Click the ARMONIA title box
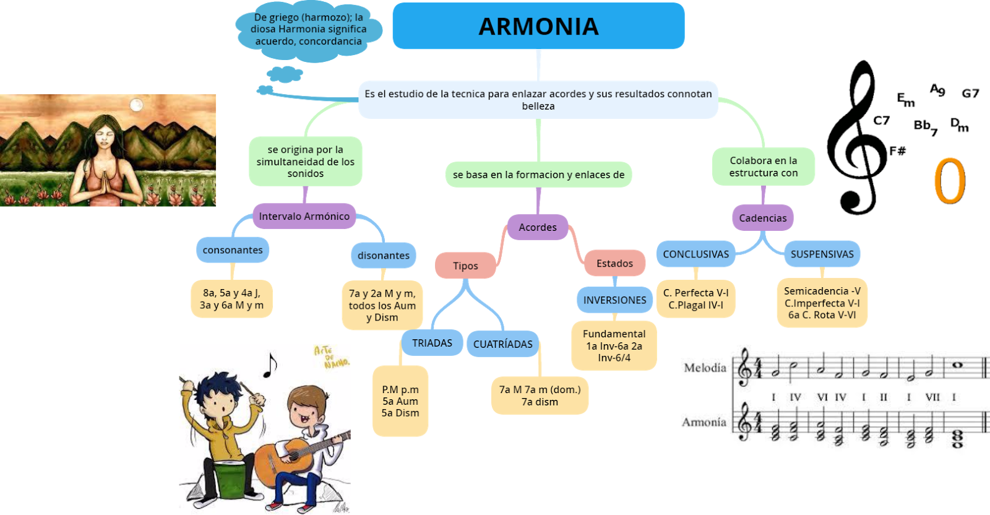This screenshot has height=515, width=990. point(538,26)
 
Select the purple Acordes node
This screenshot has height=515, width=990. point(538,227)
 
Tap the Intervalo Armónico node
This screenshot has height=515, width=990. point(304,216)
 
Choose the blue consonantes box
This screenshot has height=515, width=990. point(233,250)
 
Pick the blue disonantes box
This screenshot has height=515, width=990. point(383,255)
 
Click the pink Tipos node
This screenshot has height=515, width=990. point(465,266)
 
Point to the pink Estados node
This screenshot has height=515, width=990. point(614,263)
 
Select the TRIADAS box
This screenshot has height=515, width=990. point(432,343)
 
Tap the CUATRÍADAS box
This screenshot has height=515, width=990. point(502,344)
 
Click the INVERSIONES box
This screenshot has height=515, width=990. point(614,300)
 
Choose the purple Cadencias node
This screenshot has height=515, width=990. point(762,218)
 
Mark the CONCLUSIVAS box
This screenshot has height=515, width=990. point(695,254)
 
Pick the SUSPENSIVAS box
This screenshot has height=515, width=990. point(822,254)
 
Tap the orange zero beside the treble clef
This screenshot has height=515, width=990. point(949,181)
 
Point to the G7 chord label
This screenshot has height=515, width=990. point(970,93)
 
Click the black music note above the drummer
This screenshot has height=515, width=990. point(270,365)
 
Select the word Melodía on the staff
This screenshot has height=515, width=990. point(705,368)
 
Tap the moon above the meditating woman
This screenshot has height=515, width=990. point(137,105)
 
